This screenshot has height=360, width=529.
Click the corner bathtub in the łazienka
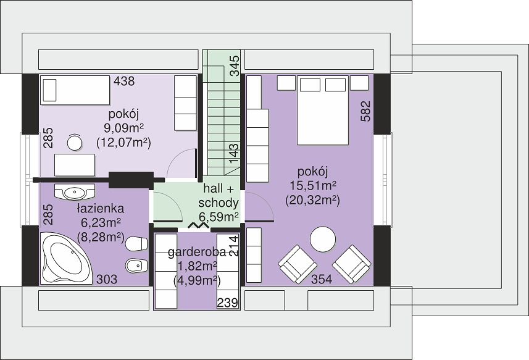pyautogui.click(x=65, y=259)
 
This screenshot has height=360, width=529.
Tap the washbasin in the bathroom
pyautogui.click(x=75, y=192)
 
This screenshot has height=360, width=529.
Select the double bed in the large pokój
pyautogui.click(x=323, y=111)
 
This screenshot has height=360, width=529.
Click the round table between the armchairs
pyautogui.click(x=323, y=239)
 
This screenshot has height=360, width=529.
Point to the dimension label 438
pyautogui.click(x=124, y=82)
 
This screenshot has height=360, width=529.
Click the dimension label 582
pyautogui.click(x=365, y=111)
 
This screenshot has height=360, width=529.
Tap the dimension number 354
pyautogui.click(x=322, y=279)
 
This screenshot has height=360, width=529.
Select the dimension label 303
pyautogui.click(x=107, y=279)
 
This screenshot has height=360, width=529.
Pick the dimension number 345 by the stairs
pyautogui.click(x=234, y=65)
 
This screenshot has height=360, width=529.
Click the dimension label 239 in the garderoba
pyautogui.click(x=227, y=303)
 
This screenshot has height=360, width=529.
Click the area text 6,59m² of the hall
pyautogui.click(x=219, y=217)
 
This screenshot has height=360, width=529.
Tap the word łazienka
pyautogui.click(x=100, y=209)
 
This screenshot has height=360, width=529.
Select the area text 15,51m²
pyautogui.click(x=313, y=186)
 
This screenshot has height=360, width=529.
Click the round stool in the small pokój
pyautogui.click(x=75, y=143)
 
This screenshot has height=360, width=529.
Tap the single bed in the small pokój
pyautogui.click(x=75, y=90)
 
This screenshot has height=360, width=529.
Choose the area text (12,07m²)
pyautogui.click(x=123, y=143)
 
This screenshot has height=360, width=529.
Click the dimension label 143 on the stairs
pyautogui.click(x=234, y=154)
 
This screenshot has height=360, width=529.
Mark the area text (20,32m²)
pyautogui.click(x=312, y=201)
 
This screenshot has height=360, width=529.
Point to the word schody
pyautogui.click(x=219, y=203)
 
